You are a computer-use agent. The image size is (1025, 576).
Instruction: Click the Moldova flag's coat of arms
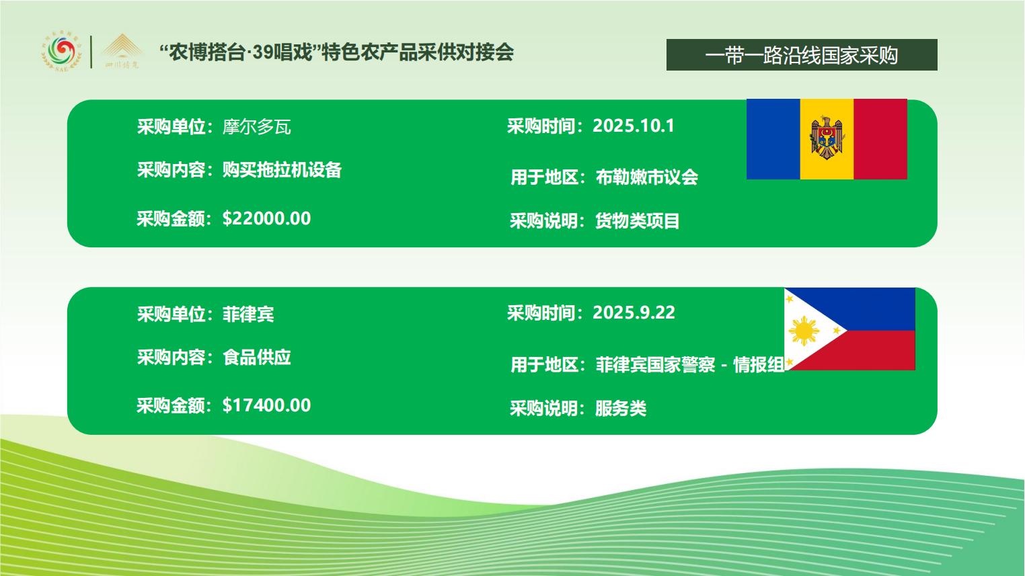point(827,138)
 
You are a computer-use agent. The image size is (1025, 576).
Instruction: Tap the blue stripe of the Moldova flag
point(773,139)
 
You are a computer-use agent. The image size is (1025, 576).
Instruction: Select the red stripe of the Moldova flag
point(880,139)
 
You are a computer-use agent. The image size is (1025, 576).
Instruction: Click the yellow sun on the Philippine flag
point(804,331)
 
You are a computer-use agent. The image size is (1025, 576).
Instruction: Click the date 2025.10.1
point(634,126)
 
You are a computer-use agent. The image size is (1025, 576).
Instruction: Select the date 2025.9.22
point(634,313)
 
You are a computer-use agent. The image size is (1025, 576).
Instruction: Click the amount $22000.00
point(267,218)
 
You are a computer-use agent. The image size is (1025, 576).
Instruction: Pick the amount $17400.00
point(267,405)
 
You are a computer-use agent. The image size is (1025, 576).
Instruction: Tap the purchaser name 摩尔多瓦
point(257,126)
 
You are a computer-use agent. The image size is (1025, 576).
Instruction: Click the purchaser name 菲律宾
point(248,314)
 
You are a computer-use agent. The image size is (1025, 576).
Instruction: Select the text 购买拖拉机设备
point(282,169)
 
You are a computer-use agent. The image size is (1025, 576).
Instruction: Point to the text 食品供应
point(257,357)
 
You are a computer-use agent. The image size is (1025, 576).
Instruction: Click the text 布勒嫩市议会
point(647,177)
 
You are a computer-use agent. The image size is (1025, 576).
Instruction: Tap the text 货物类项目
point(638,221)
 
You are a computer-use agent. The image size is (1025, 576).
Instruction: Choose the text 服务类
point(621,408)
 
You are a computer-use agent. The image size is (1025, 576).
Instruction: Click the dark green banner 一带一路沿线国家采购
point(802,55)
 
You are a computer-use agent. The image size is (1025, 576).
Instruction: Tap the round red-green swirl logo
point(61,51)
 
